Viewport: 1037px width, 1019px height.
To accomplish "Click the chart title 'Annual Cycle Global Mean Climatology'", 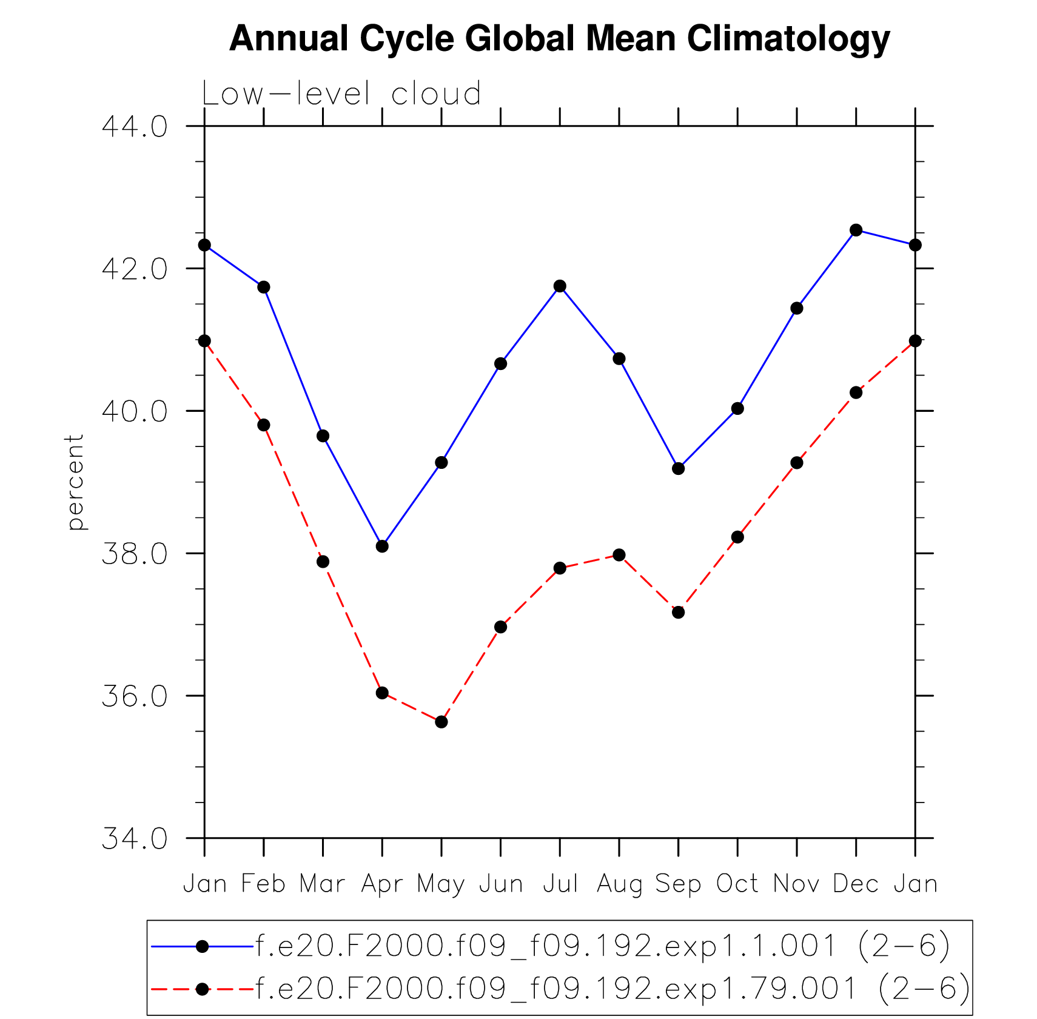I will point(559,39).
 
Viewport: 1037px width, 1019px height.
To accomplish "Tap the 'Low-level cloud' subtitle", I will point(341,94).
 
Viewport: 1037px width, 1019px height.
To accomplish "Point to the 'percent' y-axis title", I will point(75,482).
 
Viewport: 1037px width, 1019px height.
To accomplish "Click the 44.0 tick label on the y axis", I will point(134,127).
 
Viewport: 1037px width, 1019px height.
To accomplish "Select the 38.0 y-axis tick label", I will point(134,554).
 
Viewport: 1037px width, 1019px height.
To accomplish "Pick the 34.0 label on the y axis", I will point(134,839).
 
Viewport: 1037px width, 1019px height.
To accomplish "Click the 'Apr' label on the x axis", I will point(381,884).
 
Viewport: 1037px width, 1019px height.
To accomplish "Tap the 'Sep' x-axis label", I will point(678,884).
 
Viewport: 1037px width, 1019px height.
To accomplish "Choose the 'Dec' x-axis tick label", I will point(856,884).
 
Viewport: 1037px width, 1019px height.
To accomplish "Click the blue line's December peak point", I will point(856,230).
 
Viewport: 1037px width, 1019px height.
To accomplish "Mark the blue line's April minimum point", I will point(382,546).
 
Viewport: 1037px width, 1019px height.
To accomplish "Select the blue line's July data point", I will point(560,286).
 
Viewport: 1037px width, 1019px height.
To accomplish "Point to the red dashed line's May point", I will point(441,722).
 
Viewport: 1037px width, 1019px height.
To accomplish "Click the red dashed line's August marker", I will point(619,554).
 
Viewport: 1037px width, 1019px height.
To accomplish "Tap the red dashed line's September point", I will point(678,612).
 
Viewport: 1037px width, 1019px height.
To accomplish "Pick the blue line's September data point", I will point(678,468).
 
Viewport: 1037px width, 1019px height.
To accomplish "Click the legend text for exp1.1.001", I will point(603,946).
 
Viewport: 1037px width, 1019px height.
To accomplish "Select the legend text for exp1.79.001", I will point(612,989).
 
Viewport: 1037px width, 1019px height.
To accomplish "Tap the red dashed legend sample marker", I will point(203,989).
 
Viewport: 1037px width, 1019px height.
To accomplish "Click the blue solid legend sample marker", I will point(203,946).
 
